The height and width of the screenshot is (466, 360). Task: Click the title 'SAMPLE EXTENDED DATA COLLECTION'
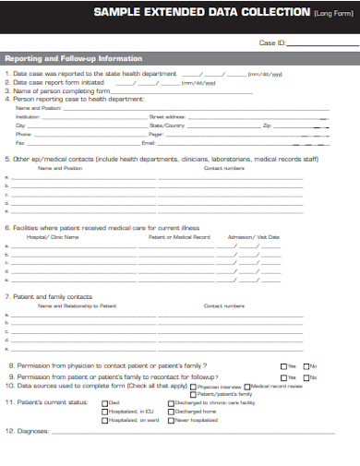pyautogui.click(x=199, y=12)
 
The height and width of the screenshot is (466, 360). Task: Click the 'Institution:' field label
pyautogui.click(x=29, y=117)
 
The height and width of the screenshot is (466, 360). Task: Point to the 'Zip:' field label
pyautogui.click(x=267, y=125)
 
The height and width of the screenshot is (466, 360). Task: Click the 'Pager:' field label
pyautogui.click(x=156, y=134)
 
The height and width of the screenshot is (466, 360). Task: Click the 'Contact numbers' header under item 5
pyautogui.click(x=223, y=168)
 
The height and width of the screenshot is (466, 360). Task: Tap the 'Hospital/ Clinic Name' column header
pyautogui.click(x=53, y=237)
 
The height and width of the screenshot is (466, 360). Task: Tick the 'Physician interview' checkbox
pyautogui.click(x=192, y=387)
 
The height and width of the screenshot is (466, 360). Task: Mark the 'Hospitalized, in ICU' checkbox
pyautogui.click(x=104, y=412)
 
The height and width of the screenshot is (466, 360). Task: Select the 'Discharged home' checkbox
pyautogui.click(x=170, y=412)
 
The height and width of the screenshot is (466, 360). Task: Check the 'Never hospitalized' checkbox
pyautogui.click(x=170, y=420)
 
